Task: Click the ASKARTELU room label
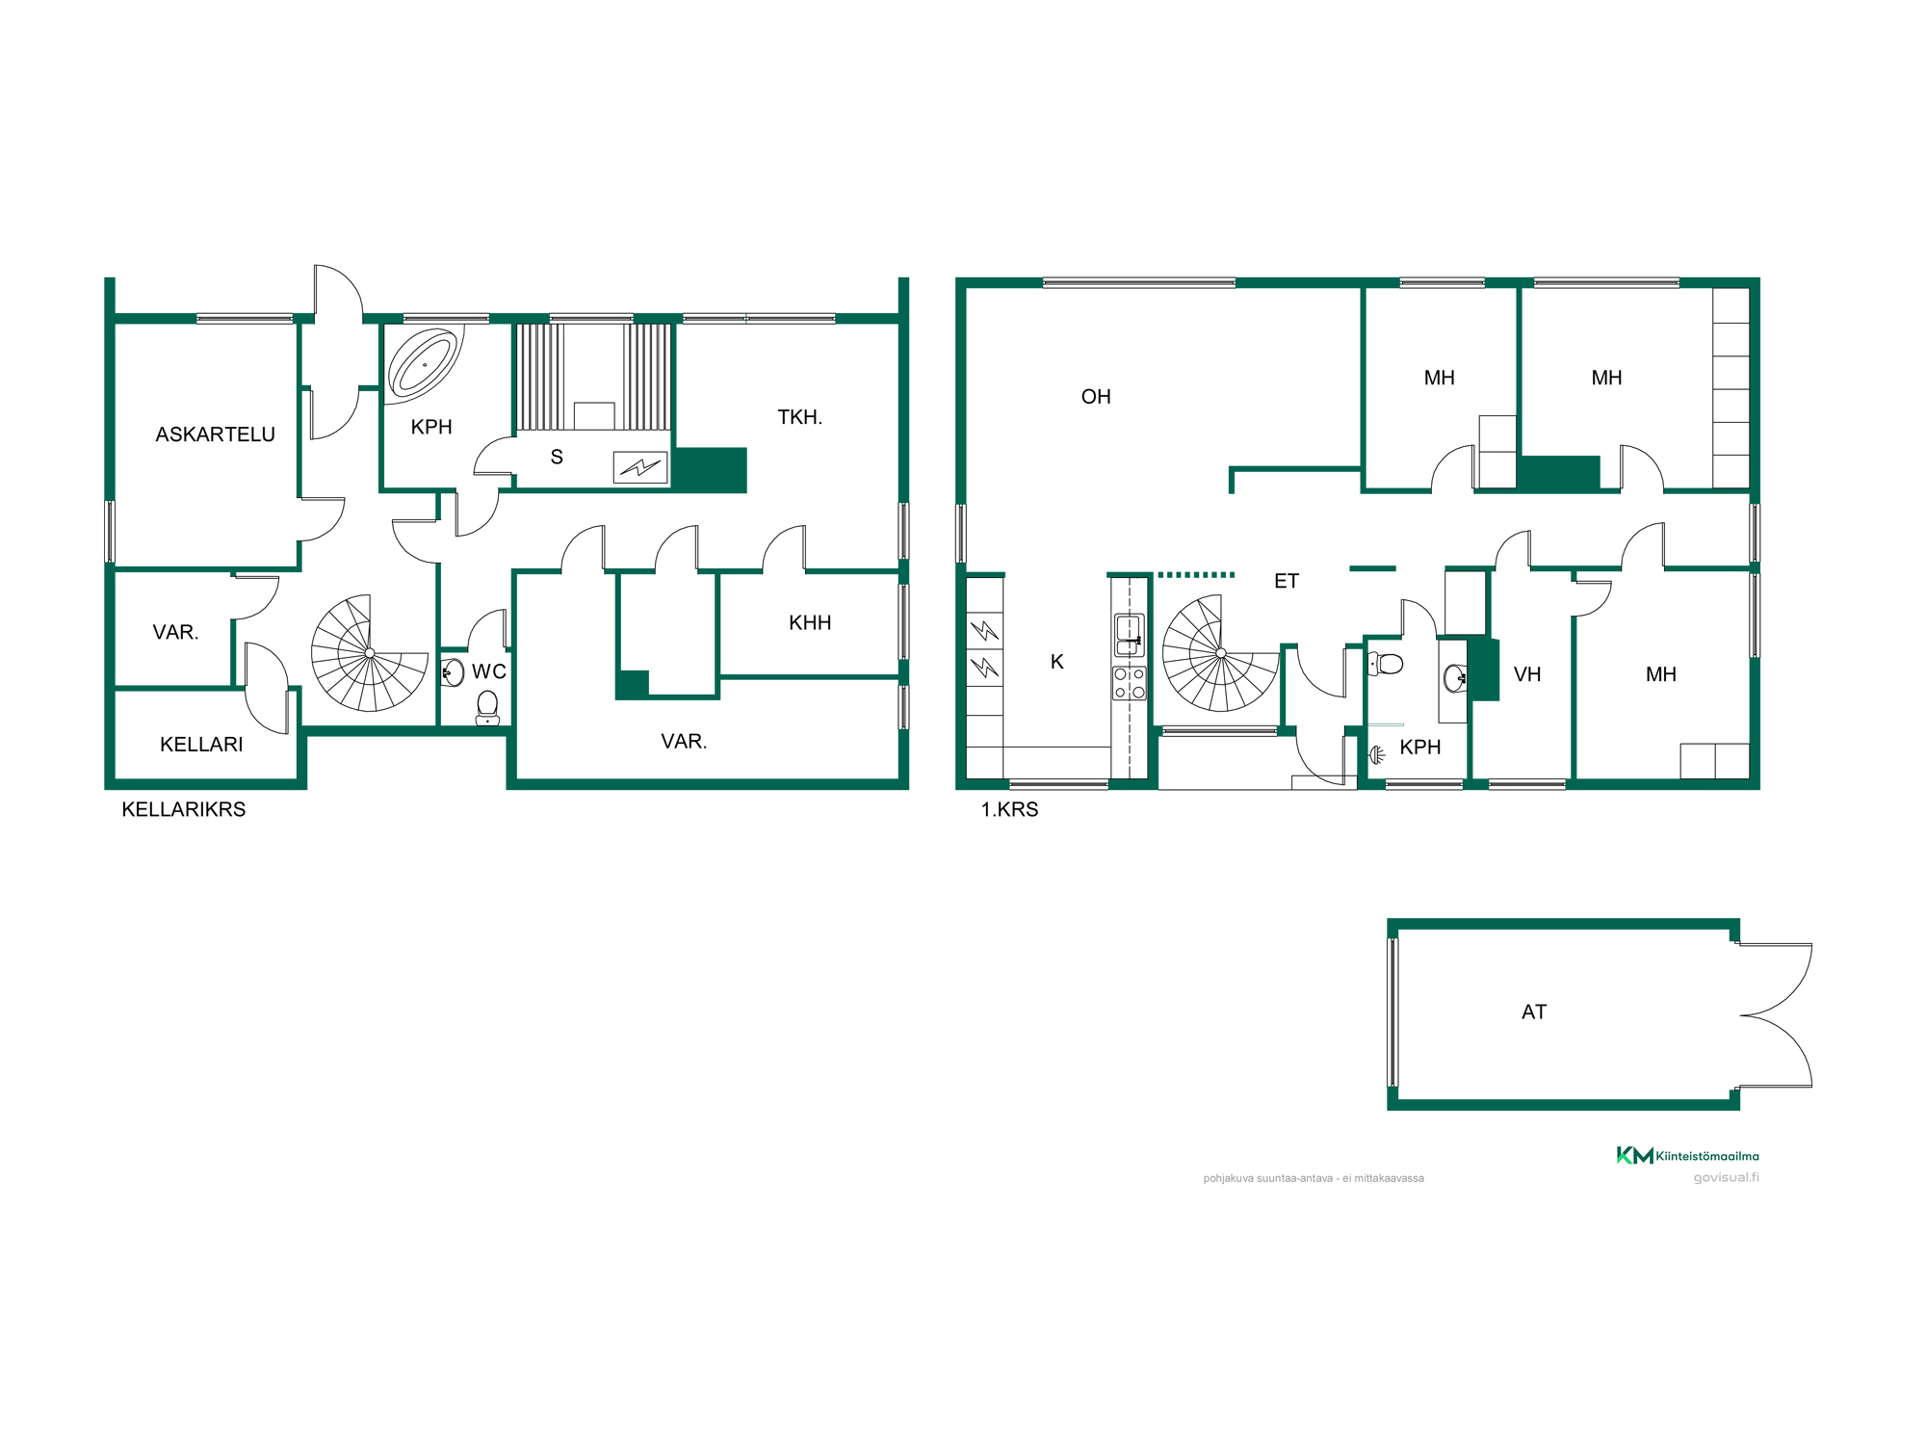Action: click(215, 434)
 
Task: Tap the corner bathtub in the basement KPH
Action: click(423, 363)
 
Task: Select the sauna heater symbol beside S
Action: click(640, 467)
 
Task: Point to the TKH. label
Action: click(799, 417)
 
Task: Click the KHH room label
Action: click(810, 622)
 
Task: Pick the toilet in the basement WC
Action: click(487, 707)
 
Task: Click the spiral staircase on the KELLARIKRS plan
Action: click(370, 653)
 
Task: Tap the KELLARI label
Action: click(201, 745)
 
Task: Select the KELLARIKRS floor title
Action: click(184, 809)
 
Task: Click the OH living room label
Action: click(1096, 397)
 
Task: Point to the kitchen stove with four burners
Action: click(1130, 683)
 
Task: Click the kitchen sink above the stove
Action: click(1130, 636)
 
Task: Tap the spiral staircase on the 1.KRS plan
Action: click(1221, 653)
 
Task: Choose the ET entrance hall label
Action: click(1287, 581)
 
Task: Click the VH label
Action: click(1527, 674)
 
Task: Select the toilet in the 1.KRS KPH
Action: click(1386, 663)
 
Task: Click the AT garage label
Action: click(1534, 1011)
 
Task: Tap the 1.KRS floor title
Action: click(1009, 809)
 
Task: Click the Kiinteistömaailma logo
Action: click(1687, 1155)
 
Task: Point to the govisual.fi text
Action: click(1727, 1177)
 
